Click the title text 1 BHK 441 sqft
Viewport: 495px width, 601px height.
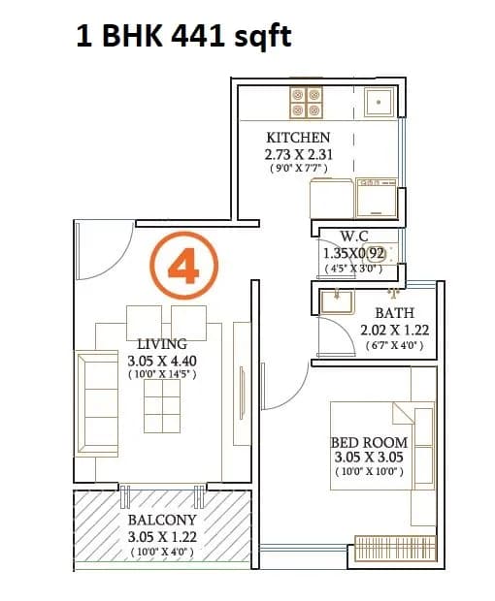point(183,38)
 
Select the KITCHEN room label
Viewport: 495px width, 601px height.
point(298,138)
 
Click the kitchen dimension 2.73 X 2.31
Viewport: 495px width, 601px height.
point(298,154)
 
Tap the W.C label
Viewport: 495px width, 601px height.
point(353,237)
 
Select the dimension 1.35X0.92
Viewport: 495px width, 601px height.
point(354,254)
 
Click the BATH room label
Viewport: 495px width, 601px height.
point(394,313)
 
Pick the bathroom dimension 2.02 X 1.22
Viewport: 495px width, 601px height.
point(394,330)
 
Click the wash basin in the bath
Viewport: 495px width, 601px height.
point(337,300)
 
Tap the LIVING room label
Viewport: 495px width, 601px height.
point(162,343)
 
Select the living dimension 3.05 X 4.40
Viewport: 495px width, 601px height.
point(162,360)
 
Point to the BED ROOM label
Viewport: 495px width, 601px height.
point(369,442)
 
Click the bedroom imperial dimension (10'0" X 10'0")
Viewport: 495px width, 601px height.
point(369,472)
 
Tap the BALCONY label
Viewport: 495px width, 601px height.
point(162,520)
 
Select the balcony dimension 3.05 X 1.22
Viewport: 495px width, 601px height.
point(162,536)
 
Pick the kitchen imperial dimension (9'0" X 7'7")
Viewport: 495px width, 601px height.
point(298,169)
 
